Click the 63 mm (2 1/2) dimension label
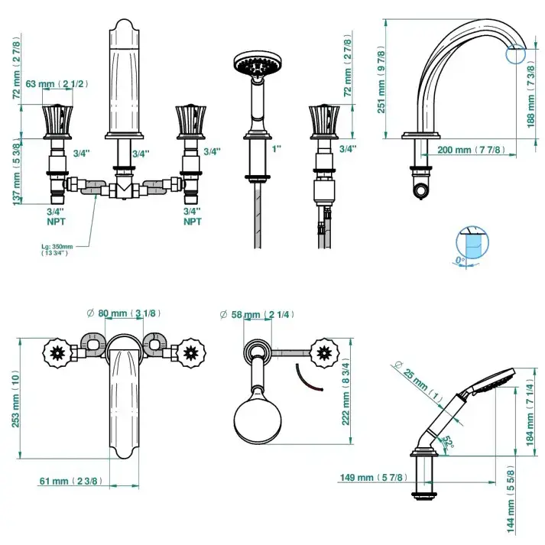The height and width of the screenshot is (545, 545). tap(57, 84)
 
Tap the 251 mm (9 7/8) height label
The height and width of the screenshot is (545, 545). tap(381, 79)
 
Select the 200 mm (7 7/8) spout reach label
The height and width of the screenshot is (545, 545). tap(471, 150)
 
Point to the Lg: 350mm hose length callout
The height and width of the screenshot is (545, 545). tap(57, 249)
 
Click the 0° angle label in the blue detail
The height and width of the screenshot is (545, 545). tap(460, 260)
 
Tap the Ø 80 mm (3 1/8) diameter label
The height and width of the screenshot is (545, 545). tap(124, 313)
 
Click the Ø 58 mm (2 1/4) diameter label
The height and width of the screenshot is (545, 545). tap(257, 315)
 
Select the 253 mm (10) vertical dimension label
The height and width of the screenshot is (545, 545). tap(15, 399)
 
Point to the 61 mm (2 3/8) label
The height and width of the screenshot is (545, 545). tap(71, 481)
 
